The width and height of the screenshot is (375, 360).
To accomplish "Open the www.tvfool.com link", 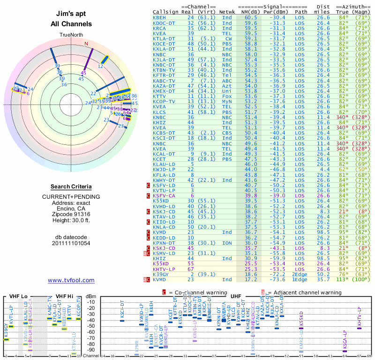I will click(71, 280).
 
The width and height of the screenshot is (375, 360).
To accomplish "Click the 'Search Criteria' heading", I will click(71, 187).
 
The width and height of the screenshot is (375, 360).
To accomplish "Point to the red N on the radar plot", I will click(86, 44).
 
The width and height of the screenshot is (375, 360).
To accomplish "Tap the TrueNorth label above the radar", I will click(71, 35).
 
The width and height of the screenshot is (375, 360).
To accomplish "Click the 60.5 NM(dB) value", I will click(250, 17).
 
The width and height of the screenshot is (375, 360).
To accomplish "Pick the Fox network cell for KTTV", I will click(227, 96).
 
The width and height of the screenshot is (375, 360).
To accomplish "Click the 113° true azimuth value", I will click(346, 279).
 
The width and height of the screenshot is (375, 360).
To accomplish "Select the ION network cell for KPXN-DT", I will click(227, 242).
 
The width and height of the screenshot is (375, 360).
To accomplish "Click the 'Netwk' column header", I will click(227, 11).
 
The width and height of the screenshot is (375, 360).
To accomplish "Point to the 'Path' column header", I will click(301, 11).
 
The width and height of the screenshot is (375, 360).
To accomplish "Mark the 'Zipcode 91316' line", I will click(71, 214).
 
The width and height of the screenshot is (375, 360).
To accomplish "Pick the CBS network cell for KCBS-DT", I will click(227, 133).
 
